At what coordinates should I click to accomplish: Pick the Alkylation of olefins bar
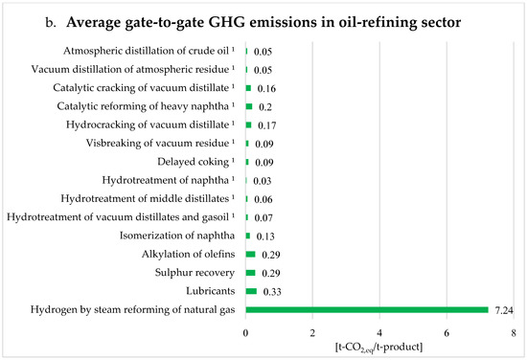(x=251, y=254)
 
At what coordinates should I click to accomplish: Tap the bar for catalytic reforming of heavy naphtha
(x=249, y=106)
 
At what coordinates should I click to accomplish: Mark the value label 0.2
(x=265, y=106)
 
